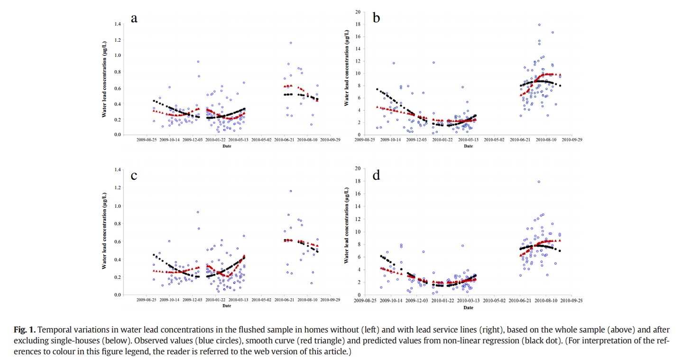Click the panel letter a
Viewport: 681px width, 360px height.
pyautogui.click(x=134, y=18)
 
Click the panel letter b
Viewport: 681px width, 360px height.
pyautogui.click(x=377, y=18)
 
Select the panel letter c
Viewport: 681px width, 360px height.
pyautogui.click(x=134, y=175)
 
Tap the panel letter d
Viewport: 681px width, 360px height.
pyautogui.click(x=377, y=175)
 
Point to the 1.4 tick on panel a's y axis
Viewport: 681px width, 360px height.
pyautogui.click(x=117, y=23)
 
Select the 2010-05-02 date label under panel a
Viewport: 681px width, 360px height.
pyautogui.click(x=261, y=140)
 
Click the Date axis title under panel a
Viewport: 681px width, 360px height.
pyautogui.click(x=227, y=146)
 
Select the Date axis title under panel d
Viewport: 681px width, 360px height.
pyautogui.click(x=468, y=307)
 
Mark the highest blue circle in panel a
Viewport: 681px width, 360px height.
pyautogui.click(x=291, y=43)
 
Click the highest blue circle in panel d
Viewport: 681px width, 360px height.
pyautogui.click(x=539, y=182)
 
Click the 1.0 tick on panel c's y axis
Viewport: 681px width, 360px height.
pyautogui.click(x=117, y=206)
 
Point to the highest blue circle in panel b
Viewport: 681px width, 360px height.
pyautogui.click(x=539, y=25)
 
